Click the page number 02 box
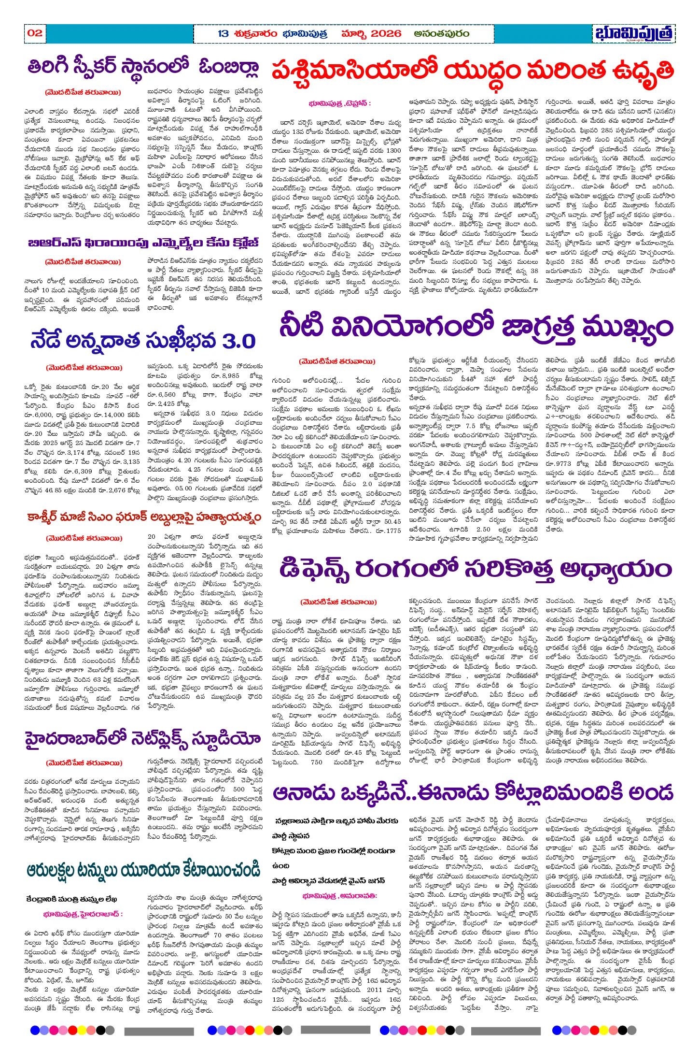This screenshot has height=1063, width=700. tap(35, 33)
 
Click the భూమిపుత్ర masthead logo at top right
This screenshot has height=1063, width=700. tap(634, 34)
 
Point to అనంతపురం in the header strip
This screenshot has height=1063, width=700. tap(442, 34)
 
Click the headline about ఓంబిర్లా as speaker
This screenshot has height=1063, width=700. tap(143, 68)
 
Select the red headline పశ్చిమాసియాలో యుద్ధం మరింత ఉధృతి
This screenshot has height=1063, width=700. tap(473, 72)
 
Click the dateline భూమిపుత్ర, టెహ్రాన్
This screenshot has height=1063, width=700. tap(340, 103)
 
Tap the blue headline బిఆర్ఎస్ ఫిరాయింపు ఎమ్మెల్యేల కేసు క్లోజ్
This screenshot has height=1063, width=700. tap(143, 243)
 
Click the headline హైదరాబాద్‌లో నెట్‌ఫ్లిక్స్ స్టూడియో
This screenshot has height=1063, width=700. tap(143, 740)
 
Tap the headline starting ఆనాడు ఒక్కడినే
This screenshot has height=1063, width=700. tap(473, 793)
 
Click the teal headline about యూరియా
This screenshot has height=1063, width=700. tap(143, 870)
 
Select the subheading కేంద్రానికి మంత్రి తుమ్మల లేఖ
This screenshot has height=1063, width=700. tap(72, 899)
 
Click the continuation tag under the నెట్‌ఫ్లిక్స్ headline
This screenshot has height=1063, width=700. tap(83, 763)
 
